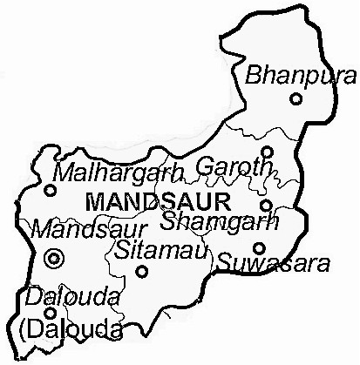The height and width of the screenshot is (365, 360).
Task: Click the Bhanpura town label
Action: click(x=289, y=75)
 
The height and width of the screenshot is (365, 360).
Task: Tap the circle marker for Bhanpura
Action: click(x=296, y=99)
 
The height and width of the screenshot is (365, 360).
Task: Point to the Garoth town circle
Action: click(x=267, y=152)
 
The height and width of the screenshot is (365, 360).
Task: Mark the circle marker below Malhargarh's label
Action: click(x=51, y=189)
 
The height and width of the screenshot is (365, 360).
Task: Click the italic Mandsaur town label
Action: click(x=74, y=231)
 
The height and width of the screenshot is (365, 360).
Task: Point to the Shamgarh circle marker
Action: click(x=267, y=206)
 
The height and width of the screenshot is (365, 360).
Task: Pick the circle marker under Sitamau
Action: click(x=142, y=272)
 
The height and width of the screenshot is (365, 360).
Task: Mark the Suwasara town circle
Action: click(x=259, y=247)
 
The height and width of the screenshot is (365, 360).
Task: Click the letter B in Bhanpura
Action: click(x=254, y=76)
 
